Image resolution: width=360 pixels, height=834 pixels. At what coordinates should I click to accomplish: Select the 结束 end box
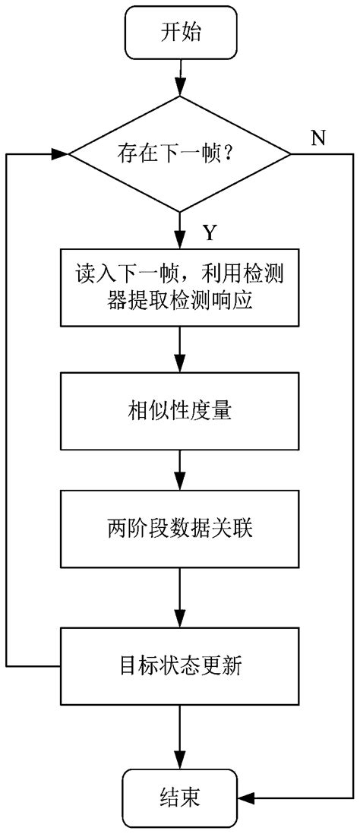[x=180, y=798]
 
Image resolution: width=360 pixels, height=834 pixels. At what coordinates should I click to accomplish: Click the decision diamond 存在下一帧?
[x=180, y=155]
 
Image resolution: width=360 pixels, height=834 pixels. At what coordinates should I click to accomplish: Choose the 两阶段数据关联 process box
[x=180, y=529]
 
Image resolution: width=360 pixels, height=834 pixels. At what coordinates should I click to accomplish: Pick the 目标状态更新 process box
[x=180, y=667]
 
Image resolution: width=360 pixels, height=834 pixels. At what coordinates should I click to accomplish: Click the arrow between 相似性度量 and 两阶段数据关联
[x=180, y=471]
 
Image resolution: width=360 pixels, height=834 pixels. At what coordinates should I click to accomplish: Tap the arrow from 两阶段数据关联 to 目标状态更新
[x=180, y=596]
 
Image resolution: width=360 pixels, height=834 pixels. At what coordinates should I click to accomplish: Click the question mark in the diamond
[x=226, y=155]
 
